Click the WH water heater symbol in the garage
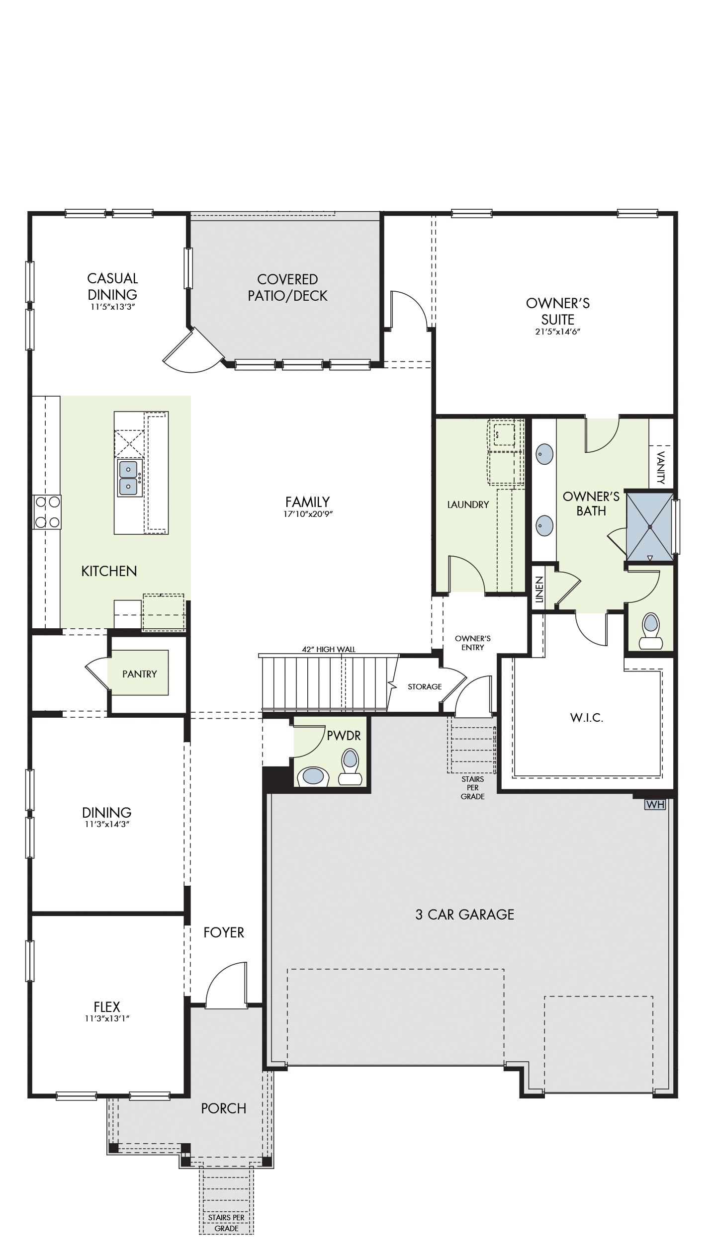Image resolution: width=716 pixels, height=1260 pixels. [x=654, y=804]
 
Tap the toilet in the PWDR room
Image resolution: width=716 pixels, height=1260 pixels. [x=350, y=767]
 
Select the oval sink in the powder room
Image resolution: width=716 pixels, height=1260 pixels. [x=313, y=776]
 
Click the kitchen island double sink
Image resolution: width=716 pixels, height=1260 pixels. [x=128, y=478]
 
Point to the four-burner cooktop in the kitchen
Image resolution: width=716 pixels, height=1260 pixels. [x=47, y=512]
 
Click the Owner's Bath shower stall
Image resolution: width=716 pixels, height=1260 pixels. [x=649, y=527]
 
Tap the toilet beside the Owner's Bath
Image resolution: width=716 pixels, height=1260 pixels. [x=651, y=631]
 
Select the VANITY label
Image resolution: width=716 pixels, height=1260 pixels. [x=661, y=467]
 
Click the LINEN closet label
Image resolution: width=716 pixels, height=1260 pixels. [x=539, y=590]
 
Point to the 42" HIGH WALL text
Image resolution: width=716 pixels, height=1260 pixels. [x=329, y=649]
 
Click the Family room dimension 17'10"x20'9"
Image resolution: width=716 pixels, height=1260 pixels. [x=308, y=514]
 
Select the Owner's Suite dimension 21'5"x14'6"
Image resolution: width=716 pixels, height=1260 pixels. [x=558, y=332]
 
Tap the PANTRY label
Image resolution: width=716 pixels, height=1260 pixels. [x=140, y=674]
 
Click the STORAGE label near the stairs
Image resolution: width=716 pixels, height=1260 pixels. [x=425, y=686]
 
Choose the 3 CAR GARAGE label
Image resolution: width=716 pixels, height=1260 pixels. [x=465, y=915]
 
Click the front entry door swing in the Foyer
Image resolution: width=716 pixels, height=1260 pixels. [x=226, y=986]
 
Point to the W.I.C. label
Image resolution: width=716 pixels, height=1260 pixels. [x=587, y=718]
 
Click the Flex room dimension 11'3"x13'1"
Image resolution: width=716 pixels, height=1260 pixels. [x=107, y=1018]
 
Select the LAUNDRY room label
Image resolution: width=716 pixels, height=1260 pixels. [x=468, y=504]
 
